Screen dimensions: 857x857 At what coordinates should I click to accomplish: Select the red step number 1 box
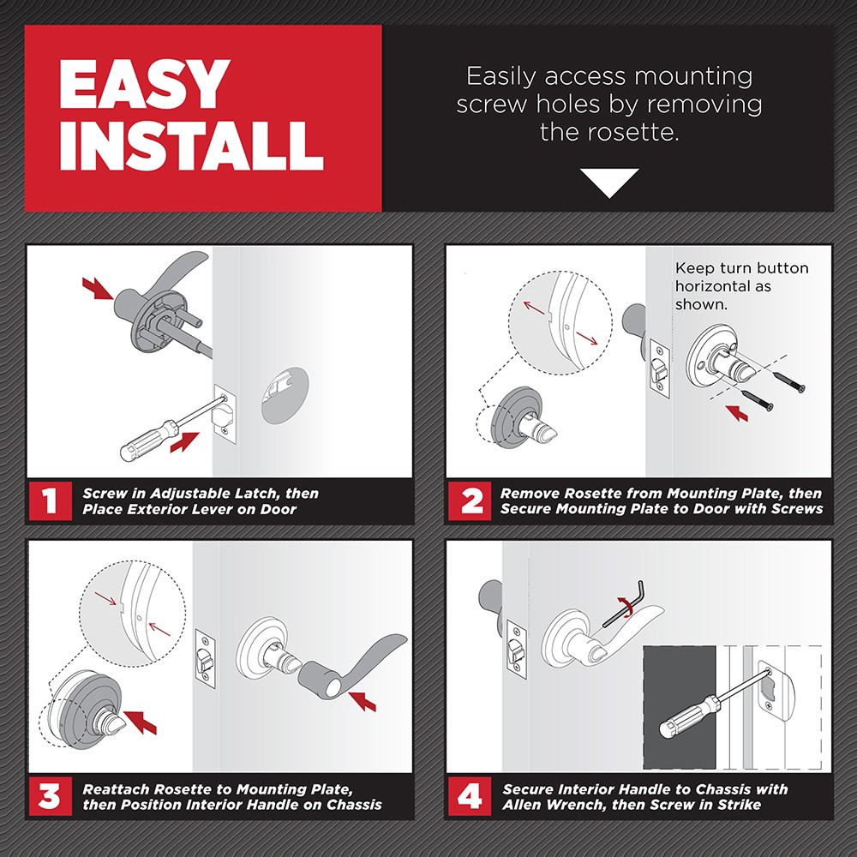click(50, 501)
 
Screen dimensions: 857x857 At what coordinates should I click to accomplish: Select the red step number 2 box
click(470, 501)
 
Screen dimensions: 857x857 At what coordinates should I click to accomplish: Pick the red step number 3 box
click(50, 797)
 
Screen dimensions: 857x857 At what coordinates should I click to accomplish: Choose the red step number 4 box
click(470, 797)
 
